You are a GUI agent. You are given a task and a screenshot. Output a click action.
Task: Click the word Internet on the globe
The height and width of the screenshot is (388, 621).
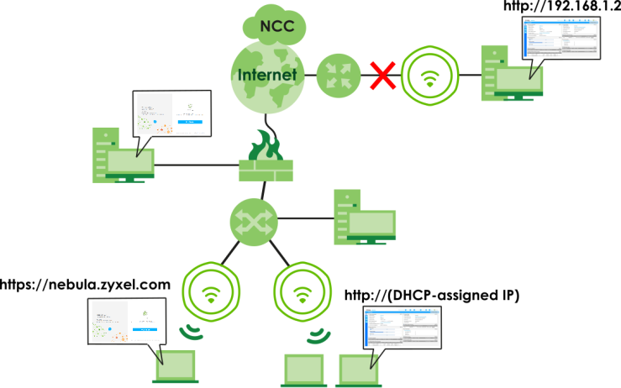(x=268, y=75)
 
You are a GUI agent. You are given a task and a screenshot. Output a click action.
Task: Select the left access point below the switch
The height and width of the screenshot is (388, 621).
(x=210, y=293)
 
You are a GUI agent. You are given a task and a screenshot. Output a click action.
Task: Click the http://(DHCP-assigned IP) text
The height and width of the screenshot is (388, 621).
(x=432, y=295)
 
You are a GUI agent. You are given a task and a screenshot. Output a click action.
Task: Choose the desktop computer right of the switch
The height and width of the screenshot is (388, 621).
(x=364, y=219)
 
